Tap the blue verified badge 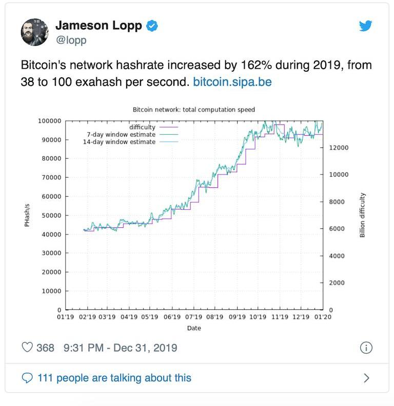click(x=152, y=26)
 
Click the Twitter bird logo click(x=365, y=26)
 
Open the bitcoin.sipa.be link click(x=232, y=81)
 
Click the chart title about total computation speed click(x=193, y=110)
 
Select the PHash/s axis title click(x=27, y=216)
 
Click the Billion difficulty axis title click(x=362, y=215)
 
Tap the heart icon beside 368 click(x=27, y=348)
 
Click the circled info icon click(x=366, y=348)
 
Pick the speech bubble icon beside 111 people click(x=27, y=378)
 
